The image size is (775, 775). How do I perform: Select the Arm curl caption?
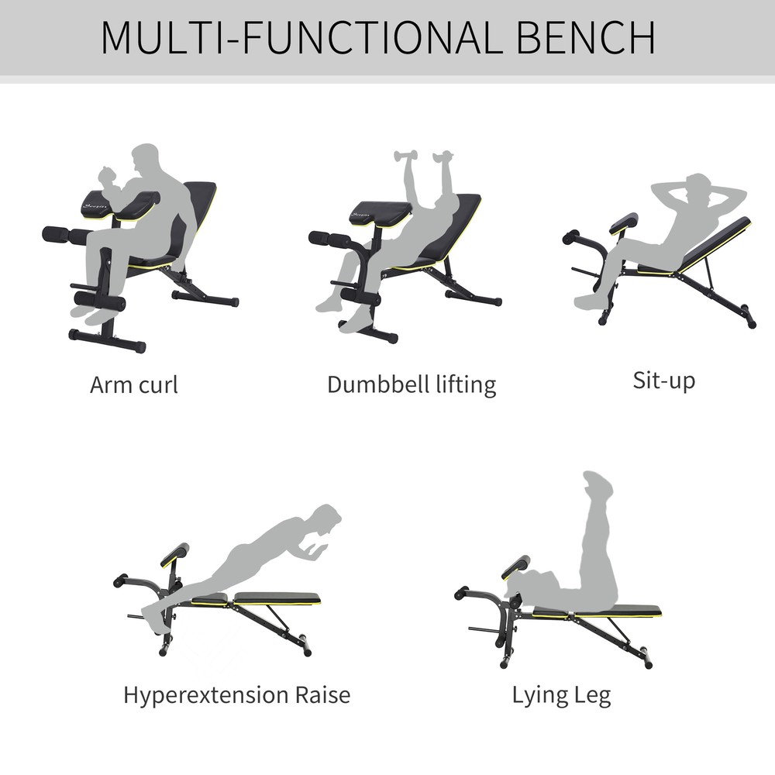pos(133,384)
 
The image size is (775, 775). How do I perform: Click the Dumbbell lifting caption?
pos(411,384)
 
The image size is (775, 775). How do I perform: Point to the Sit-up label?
pos(663,381)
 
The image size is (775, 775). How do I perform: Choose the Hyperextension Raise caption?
pos(236,694)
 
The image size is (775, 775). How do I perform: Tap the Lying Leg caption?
pos(561,694)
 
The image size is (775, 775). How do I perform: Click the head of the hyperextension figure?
pos(329,517)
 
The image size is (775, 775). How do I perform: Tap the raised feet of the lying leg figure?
pos(598,485)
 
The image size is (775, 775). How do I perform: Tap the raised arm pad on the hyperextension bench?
pos(174,554)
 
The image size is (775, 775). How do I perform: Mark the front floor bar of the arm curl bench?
pos(107,341)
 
